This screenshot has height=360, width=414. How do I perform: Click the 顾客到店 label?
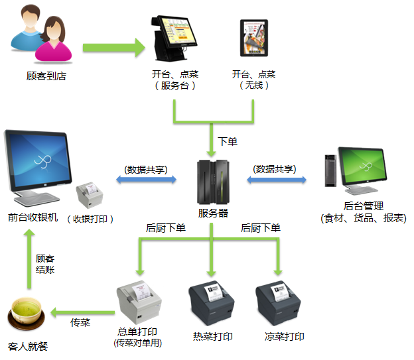[46, 76]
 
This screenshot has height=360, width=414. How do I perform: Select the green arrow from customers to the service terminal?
[113, 47]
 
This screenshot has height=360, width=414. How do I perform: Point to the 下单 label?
[227, 141]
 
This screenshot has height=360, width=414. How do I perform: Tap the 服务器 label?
[213, 213]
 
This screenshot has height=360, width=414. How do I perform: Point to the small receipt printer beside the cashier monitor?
[90, 196]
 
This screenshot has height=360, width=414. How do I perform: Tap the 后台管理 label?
[364, 206]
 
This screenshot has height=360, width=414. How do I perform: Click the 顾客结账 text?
[45, 264]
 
